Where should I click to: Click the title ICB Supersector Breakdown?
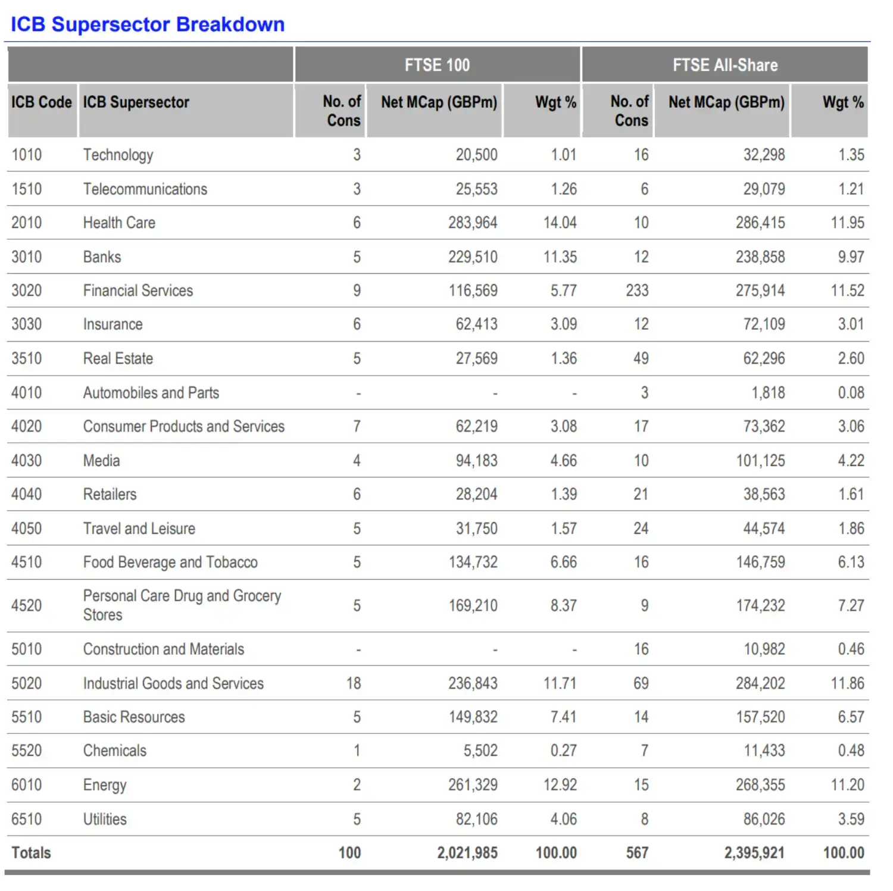tap(148, 24)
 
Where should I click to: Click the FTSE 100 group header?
tap(437, 65)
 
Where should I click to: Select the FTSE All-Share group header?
tap(725, 65)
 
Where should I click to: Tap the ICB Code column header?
tap(42, 102)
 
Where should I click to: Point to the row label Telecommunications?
tap(145, 189)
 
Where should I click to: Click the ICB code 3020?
tap(27, 290)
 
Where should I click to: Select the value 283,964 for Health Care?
tap(473, 223)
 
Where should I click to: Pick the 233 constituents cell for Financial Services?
tap(637, 290)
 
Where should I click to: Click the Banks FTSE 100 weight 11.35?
tap(560, 257)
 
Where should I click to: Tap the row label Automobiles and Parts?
tap(151, 393)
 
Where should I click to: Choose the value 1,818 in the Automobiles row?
tap(768, 393)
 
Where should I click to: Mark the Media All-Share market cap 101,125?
tap(761, 461)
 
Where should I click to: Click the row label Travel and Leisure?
tap(139, 529)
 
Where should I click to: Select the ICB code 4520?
tap(27, 605)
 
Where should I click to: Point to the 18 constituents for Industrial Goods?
tap(354, 683)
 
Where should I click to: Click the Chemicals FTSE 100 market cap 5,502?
tap(480, 751)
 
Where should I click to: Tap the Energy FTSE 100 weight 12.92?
tap(560, 784)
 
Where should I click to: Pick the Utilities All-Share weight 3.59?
tap(851, 819)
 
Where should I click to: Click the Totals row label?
tap(31, 853)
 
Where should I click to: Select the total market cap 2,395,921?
tap(754, 853)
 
